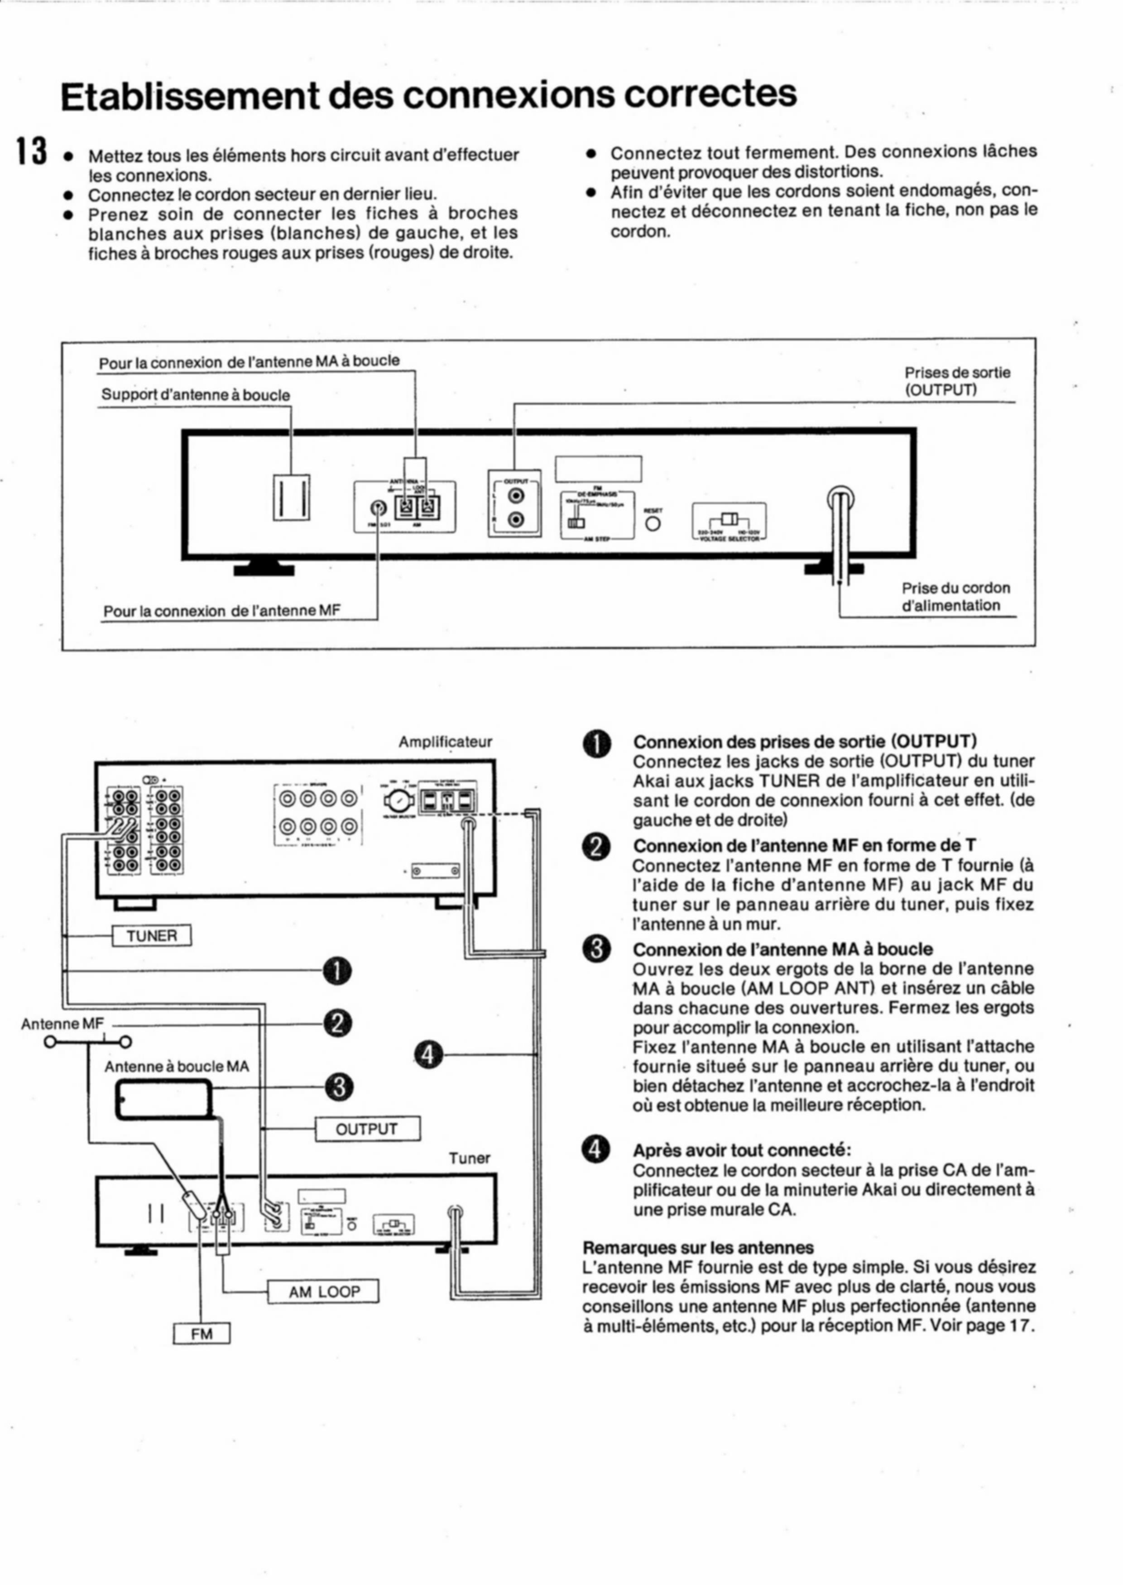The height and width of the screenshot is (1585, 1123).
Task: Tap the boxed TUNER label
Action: (x=151, y=936)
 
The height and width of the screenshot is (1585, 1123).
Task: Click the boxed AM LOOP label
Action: (x=324, y=1291)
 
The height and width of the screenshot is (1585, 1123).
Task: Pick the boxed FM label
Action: (x=201, y=1333)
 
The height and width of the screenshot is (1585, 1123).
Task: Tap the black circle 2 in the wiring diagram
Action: (x=337, y=1024)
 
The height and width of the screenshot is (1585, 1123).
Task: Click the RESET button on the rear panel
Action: (x=653, y=523)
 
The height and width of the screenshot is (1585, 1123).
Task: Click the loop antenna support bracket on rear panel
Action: (x=291, y=497)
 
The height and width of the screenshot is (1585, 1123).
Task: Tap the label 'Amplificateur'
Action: (x=445, y=742)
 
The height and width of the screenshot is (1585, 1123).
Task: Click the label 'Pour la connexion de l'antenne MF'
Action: (x=222, y=611)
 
